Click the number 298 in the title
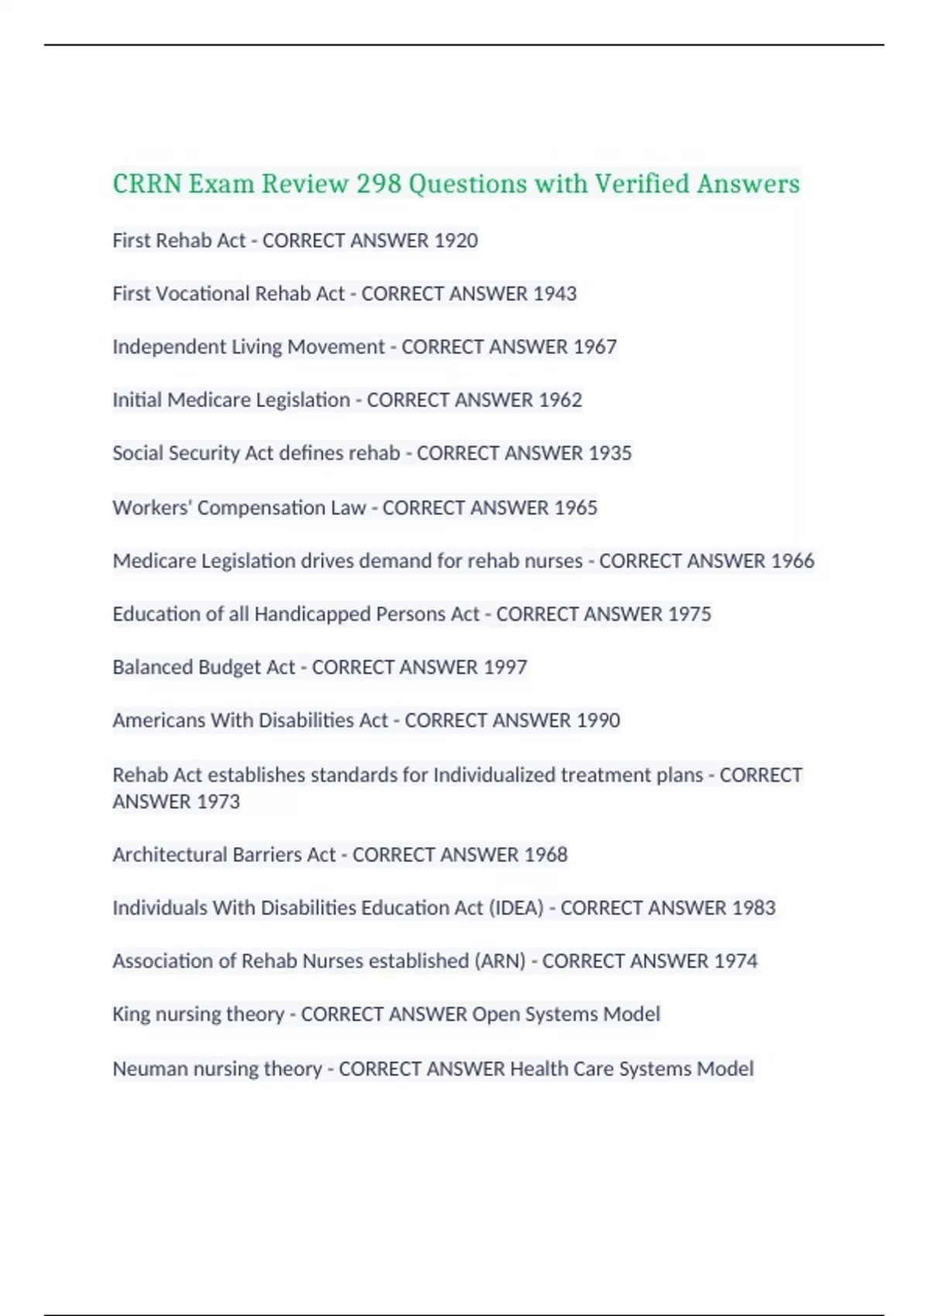click(x=379, y=184)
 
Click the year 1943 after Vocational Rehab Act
click(x=554, y=294)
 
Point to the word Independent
click(x=169, y=347)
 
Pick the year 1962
click(x=560, y=400)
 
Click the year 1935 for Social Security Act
click(x=610, y=453)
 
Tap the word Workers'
click(x=152, y=508)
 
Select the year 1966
click(x=792, y=561)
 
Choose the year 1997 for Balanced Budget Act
click(x=505, y=667)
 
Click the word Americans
click(x=159, y=721)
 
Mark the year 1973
click(x=218, y=802)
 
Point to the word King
click(x=131, y=1014)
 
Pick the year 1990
click(x=598, y=721)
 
